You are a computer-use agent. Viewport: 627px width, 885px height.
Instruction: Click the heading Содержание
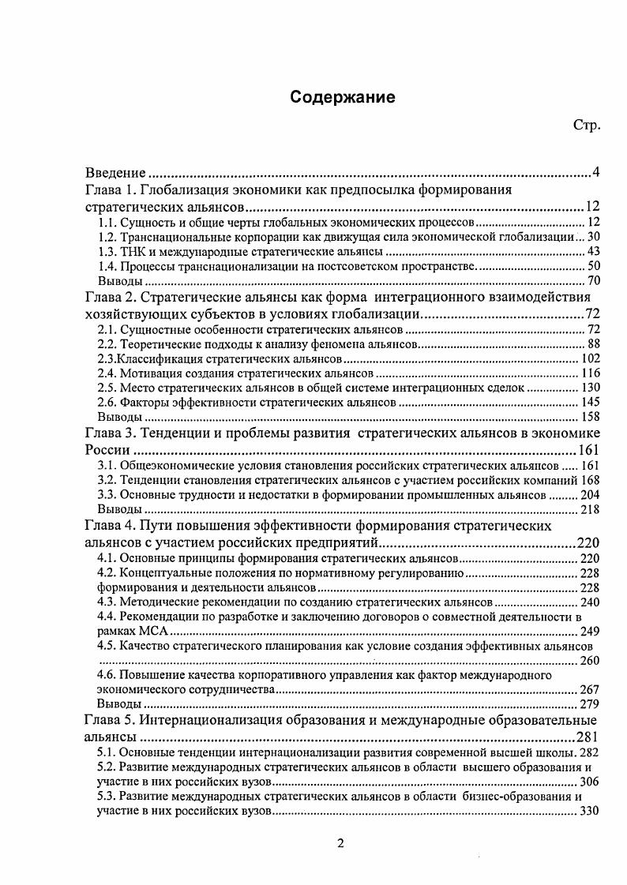[x=342, y=97]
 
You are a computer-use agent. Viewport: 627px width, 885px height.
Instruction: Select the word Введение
[x=115, y=173]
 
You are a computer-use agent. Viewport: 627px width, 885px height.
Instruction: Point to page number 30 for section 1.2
[x=595, y=237]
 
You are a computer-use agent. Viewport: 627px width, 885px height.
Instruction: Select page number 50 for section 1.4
[x=595, y=266]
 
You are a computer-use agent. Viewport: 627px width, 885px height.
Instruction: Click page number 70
[x=595, y=280]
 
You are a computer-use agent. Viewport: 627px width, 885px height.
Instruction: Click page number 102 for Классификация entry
[x=591, y=358]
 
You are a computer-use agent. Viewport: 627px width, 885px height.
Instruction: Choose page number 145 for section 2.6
[x=591, y=402]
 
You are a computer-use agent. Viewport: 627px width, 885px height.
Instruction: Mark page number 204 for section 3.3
[x=591, y=495]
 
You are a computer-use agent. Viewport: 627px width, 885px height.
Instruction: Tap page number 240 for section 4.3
[x=591, y=602]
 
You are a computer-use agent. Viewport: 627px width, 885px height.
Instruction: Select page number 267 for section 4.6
[x=591, y=689]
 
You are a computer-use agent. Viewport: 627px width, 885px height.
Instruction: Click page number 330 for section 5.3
[x=591, y=811]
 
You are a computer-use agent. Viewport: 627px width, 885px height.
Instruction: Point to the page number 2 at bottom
[x=340, y=842]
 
